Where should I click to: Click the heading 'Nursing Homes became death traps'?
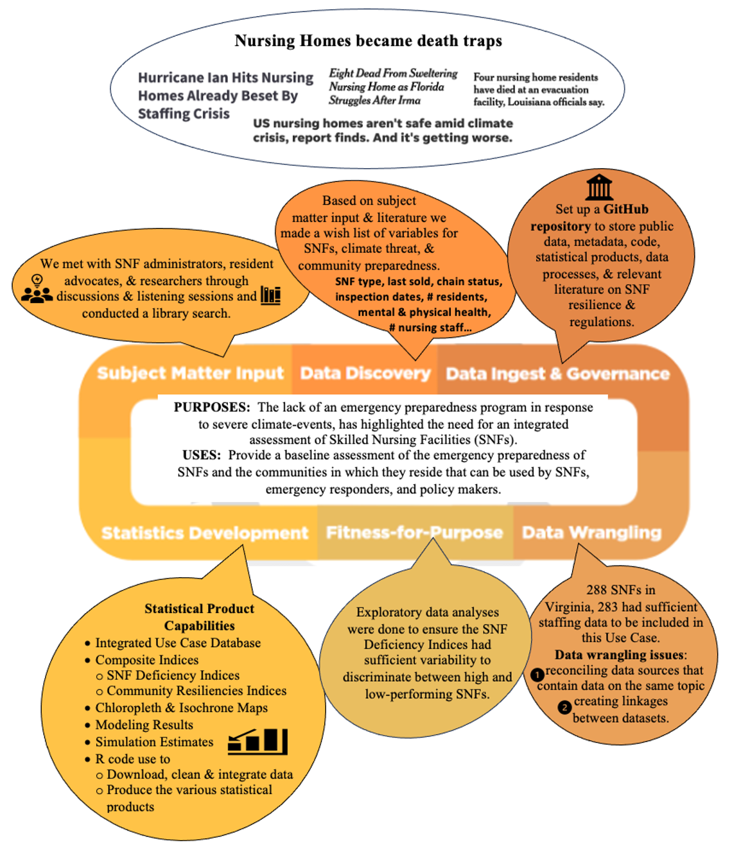(x=368, y=40)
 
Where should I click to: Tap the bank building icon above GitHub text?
(x=599, y=187)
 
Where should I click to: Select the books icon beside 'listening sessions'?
(x=270, y=295)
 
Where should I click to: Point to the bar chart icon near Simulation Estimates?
(x=257, y=742)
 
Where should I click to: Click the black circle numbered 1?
(x=537, y=674)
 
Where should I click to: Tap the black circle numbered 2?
(x=564, y=707)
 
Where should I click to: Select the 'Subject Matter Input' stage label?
(x=190, y=373)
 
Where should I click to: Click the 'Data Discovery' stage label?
(x=365, y=373)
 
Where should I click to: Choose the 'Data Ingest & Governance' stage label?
(x=558, y=374)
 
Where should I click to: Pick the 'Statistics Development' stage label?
(x=205, y=533)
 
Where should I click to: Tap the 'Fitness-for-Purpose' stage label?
(x=414, y=532)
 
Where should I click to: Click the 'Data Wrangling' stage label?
(x=591, y=532)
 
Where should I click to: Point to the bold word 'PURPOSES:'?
(x=212, y=407)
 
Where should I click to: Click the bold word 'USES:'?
(x=202, y=455)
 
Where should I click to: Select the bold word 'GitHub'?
(x=625, y=209)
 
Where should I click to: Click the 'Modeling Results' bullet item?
(x=144, y=724)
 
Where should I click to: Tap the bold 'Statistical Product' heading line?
(x=199, y=609)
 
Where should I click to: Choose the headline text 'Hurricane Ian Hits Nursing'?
(x=225, y=78)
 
